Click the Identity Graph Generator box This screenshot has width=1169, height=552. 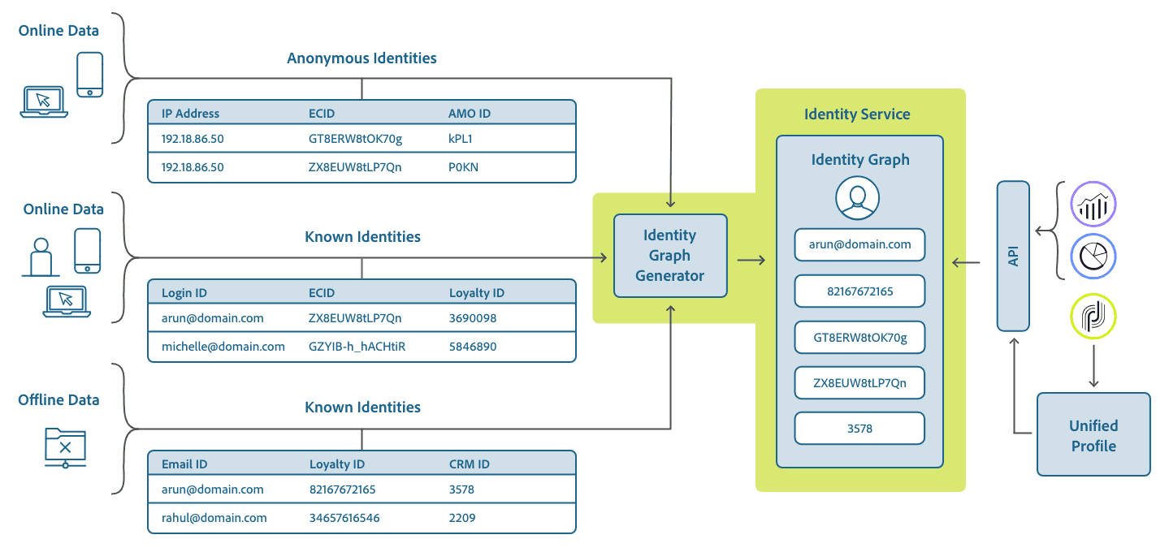pos(669,256)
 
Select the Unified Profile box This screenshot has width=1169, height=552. pos(1093,435)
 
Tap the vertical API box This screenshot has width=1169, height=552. pos(1013,256)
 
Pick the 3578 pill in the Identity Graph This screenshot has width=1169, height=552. pos(859,429)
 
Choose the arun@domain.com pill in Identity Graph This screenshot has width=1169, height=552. pos(859,244)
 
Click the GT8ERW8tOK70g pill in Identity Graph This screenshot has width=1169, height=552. pos(859,337)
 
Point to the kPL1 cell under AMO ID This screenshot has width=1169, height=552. pos(460,139)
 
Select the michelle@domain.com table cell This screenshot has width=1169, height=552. pos(223,347)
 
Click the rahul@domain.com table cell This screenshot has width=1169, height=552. pos(214,518)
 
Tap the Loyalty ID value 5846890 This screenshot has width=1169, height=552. pos(473,347)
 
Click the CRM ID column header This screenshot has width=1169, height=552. pos(469,464)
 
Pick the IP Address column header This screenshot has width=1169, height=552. pos(190,114)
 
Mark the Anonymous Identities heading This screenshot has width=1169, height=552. pos(362,58)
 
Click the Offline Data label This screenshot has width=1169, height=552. pos(58,400)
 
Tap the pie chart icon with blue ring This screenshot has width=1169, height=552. pos(1093,257)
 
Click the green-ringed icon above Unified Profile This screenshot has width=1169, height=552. pos(1093,316)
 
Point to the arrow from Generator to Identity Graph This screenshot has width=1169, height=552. pos(751,261)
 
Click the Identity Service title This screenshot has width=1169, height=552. pos(857,114)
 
